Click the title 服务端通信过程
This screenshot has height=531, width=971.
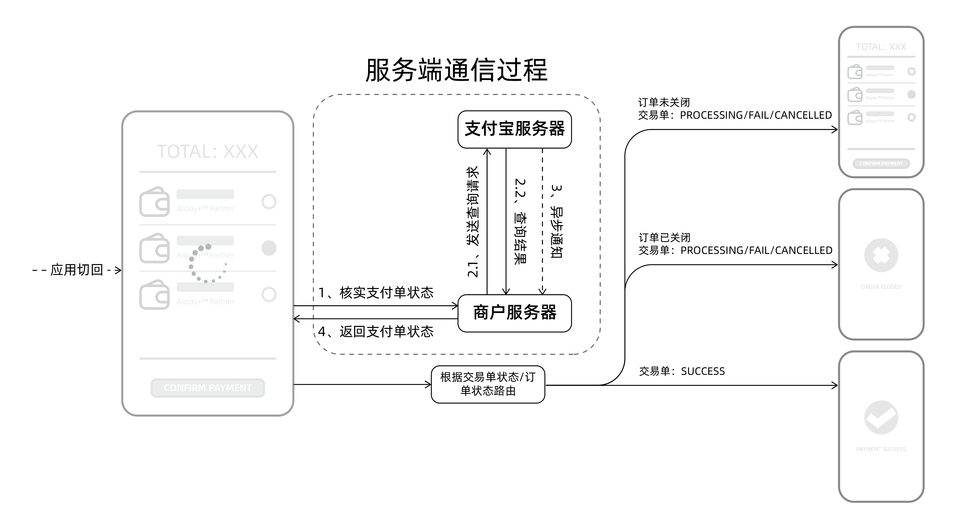tap(456, 70)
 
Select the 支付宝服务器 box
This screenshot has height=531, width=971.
tap(514, 129)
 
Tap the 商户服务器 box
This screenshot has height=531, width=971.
tap(514, 313)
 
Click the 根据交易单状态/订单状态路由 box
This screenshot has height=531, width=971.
tap(488, 384)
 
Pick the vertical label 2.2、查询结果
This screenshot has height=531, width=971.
tap(520, 221)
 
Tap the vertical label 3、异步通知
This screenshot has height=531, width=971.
tap(556, 221)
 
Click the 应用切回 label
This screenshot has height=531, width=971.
tap(76, 270)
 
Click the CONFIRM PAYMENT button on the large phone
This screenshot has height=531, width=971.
tap(207, 388)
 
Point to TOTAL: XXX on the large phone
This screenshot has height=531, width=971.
tap(207, 152)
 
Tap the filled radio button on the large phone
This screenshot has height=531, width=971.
tap(269, 248)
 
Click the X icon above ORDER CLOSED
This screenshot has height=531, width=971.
tap(881, 255)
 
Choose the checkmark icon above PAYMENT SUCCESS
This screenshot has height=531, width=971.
tap(881, 417)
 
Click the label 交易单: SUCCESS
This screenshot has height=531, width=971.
tap(682, 371)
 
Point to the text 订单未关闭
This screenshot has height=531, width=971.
tap(664, 102)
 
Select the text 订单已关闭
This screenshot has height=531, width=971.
tap(664, 238)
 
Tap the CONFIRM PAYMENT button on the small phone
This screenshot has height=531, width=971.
tap(881, 163)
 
